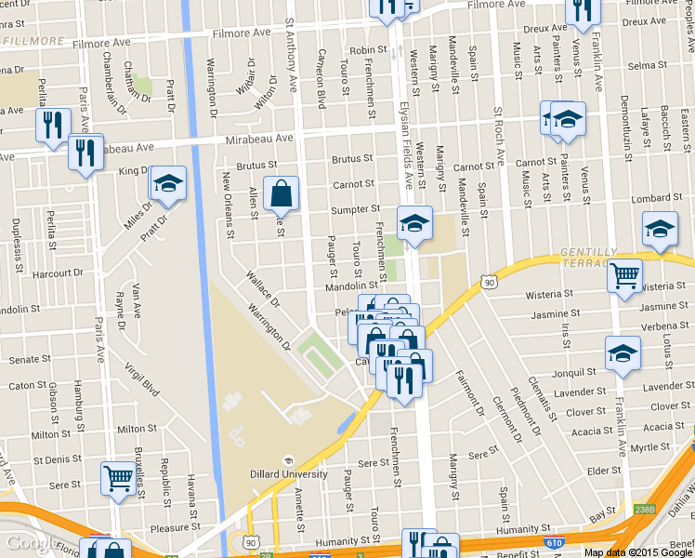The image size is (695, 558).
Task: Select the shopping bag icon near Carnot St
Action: [281, 194]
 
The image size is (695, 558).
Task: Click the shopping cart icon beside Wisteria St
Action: [624, 273]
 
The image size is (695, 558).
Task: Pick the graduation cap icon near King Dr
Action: [168, 183]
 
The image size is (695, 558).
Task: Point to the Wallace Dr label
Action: [263, 288]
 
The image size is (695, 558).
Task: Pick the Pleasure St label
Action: [169, 528]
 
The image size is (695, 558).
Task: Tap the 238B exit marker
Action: [644, 509]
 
